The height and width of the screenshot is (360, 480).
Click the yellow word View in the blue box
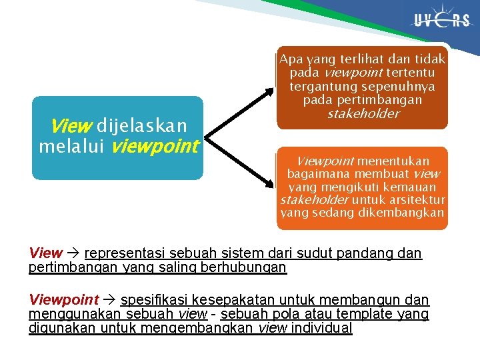click(67, 126)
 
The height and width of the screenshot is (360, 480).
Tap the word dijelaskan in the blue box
click(143, 126)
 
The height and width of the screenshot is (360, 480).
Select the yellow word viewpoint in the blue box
click(155, 146)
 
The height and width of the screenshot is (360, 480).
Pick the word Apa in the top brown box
click(291, 60)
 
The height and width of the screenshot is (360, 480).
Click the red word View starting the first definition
click(45, 253)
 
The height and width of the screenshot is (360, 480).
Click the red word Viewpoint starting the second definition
click(63, 300)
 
